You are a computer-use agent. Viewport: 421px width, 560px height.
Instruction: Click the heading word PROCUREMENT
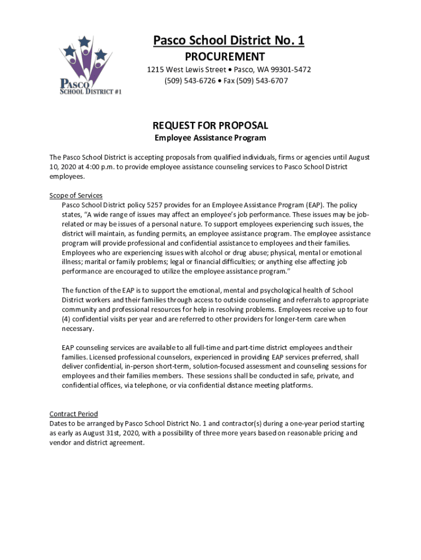click(x=225, y=57)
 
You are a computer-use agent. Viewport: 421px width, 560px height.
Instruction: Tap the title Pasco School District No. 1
click(x=228, y=40)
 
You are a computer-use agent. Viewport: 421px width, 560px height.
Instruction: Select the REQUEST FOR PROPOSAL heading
click(x=210, y=126)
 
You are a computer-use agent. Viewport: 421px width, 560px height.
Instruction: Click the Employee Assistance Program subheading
click(x=210, y=138)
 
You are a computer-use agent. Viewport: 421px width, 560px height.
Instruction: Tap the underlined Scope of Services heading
click(x=76, y=196)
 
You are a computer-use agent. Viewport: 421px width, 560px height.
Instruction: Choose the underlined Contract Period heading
click(x=74, y=414)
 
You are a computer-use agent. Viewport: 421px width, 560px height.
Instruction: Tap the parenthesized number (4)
click(x=66, y=319)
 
